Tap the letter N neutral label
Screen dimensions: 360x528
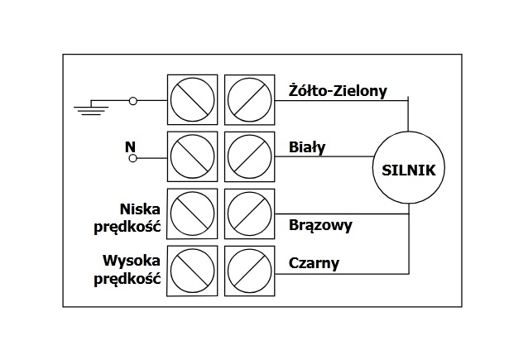pyautogui.click(x=130, y=146)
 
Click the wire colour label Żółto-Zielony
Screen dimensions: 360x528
pyautogui.click(x=338, y=90)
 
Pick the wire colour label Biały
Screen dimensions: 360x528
pyautogui.click(x=307, y=147)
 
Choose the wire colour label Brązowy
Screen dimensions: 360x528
pyautogui.click(x=320, y=224)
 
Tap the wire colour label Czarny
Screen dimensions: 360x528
pyautogui.click(x=314, y=264)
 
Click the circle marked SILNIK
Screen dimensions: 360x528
pyautogui.click(x=408, y=171)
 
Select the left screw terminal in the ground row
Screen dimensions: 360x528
pyautogui.click(x=192, y=100)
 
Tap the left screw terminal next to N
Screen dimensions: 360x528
pyautogui.click(x=192, y=156)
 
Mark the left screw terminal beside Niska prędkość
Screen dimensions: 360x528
pyautogui.click(x=192, y=214)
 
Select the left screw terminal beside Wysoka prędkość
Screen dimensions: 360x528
pyautogui.click(x=192, y=271)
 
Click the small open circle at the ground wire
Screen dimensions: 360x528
pyautogui.click(x=133, y=100)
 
